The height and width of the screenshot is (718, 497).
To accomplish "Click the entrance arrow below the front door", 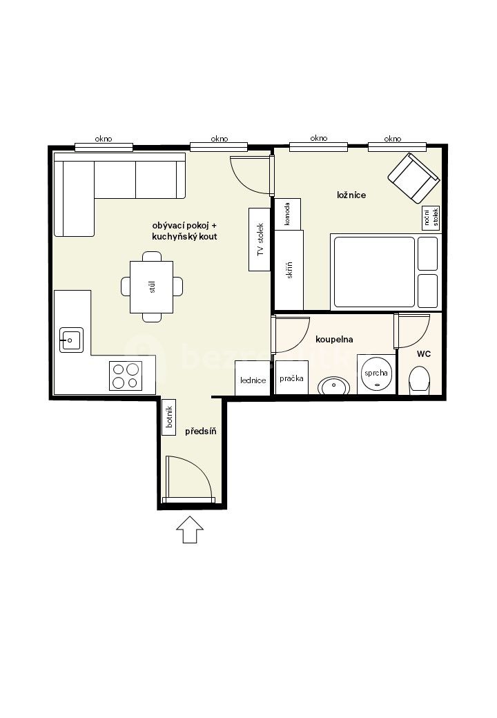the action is [x=190, y=530].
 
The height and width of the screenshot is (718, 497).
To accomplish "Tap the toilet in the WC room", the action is [x=419, y=380].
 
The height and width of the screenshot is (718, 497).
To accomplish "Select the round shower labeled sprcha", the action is [x=376, y=373].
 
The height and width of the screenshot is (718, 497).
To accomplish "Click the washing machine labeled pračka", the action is [x=291, y=378].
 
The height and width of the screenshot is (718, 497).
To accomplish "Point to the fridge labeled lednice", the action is [x=253, y=378].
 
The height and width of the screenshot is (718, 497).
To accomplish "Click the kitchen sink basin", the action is [x=71, y=340].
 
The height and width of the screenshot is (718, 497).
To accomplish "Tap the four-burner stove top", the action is [x=126, y=376].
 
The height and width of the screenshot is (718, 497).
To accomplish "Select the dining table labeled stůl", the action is [x=151, y=287].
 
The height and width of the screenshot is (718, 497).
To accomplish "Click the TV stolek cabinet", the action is [x=260, y=240].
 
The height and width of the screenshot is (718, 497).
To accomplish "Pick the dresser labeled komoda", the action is [x=287, y=214].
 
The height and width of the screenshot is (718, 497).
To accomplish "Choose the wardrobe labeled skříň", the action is [x=289, y=270].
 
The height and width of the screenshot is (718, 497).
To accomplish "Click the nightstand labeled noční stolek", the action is [x=431, y=218].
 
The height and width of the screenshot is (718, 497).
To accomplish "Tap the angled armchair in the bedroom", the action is [x=413, y=179].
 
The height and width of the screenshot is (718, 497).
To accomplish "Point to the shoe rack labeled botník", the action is [x=169, y=417].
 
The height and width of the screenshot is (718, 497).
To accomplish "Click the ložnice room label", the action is [x=351, y=195].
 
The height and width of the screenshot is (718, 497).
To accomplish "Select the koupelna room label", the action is [x=334, y=340].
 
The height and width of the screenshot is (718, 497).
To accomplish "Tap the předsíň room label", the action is [x=201, y=431].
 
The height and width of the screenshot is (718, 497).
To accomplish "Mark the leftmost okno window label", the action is [x=104, y=139].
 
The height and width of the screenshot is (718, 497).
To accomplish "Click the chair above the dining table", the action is [x=151, y=256].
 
